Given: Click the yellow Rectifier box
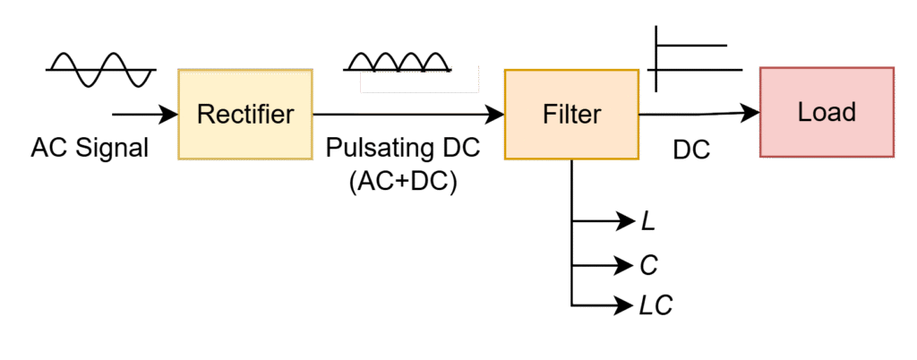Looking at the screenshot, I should pyautogui.click(x=245, y=115).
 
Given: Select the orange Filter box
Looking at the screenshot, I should pyautogui.click(x=571, y=115).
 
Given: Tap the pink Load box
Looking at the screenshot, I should pyautogui.click(x=827, y=112).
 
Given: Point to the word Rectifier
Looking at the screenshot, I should pyautogui.click(x=245, y=115).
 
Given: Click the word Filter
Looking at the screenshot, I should pyautogui.click(x=571, y=115).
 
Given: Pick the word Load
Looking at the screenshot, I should pyautogui.click(x=827, y=112).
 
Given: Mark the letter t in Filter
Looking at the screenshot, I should pyautogui.click(x=574, y=115).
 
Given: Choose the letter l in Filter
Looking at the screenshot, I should pyautogui.click(x=566, y=114).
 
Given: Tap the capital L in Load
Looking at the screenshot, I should pyautogui.click(x=803, y=112).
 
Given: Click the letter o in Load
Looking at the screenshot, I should pyautogui.click(x=818, y=114).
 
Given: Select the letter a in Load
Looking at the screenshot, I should pyautogui.click(x=834, y=114).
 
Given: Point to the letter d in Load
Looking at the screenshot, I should pyautogui.click(x=849, y=112).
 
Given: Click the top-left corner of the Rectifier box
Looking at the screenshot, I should pyautogui.click(x=178, y=70).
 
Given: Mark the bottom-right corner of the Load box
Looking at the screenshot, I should pyautogui.click(x=894, y=157).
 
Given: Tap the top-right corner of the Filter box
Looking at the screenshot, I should pyautogui.click(x=638, y=70).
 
